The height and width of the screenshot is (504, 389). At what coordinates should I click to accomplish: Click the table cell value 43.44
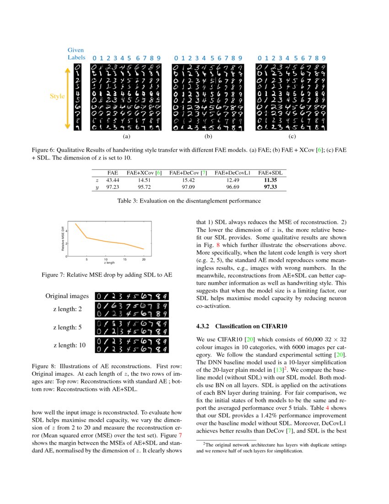pos(113,180)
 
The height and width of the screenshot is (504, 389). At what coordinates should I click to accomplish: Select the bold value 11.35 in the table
pos(270,180)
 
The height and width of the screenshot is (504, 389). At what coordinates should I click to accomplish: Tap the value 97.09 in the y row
pos(188,188)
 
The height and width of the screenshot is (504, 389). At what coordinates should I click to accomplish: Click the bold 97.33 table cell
pos(270,188)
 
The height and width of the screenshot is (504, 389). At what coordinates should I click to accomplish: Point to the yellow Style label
pos(57,97)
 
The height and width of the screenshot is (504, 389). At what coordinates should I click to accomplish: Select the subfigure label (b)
pos(208,136)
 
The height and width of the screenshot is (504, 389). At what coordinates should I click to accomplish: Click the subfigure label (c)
pos(292,136)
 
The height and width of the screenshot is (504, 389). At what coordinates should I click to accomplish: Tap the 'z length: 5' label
pos(67,327)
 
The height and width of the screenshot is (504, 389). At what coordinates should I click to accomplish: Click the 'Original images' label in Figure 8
pos(67,296)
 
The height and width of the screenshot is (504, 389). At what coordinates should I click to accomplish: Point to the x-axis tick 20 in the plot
pos(144,260)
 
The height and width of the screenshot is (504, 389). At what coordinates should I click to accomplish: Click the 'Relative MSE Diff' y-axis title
pos(63,241)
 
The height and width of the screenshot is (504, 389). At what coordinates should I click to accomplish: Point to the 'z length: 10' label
pos(69,345)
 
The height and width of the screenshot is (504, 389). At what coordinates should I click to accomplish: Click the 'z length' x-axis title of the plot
pos(109,263)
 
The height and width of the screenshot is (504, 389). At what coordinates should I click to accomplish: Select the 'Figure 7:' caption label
pos(56,275)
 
